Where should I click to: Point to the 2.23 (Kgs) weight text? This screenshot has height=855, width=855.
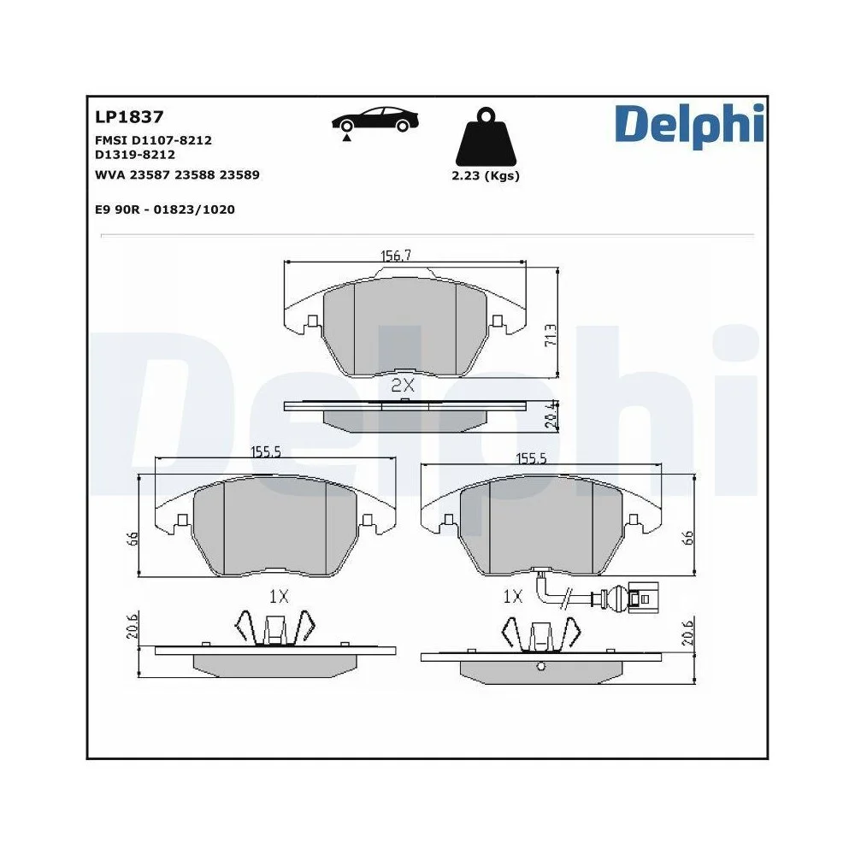point(485,176)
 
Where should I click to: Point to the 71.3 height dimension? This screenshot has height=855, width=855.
point(551,333)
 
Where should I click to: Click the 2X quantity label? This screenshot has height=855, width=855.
point(402,386)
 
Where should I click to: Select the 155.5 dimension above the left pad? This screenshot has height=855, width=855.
point(266,454)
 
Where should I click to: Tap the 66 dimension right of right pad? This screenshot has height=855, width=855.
point(687,538)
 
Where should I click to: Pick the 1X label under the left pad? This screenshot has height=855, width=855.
point(275,596)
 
